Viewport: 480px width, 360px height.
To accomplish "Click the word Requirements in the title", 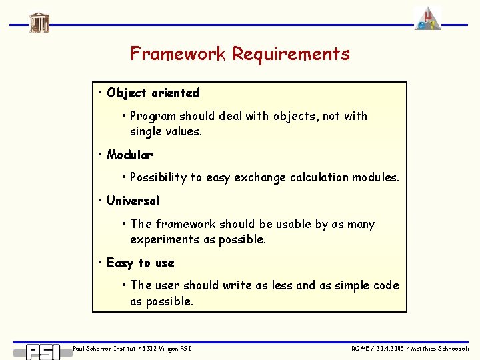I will point(291,54).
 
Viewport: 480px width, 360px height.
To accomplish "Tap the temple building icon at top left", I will point(39,22).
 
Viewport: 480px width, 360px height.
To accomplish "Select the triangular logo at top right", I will point(427,18).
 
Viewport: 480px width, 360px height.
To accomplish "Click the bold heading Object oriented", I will point(153,93).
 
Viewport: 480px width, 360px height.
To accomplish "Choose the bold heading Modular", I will point(129,155).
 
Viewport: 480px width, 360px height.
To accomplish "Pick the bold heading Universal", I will point(133,201).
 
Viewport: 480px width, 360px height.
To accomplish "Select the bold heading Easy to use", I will point(140,263).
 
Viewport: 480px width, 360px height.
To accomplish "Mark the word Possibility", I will point(159,177).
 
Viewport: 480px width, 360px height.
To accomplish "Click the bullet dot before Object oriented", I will point(99,92).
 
